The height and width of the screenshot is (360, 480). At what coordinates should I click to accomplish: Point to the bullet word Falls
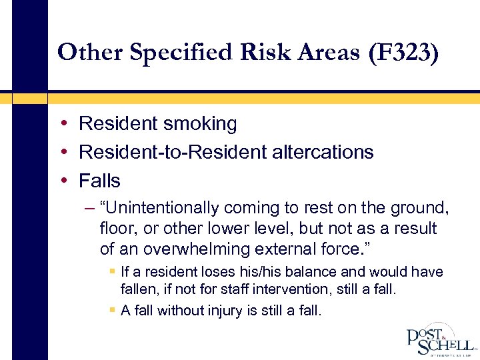pyautogui.click(x=99, y=181)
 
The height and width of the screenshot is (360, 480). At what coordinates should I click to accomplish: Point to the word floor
pyautogui.click(x=115, y=229)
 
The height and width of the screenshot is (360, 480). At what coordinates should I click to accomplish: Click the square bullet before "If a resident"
pyautogui.click(x=112, y=272)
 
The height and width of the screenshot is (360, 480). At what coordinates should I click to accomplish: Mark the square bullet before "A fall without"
pyautogui.click(x=112, y=311)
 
